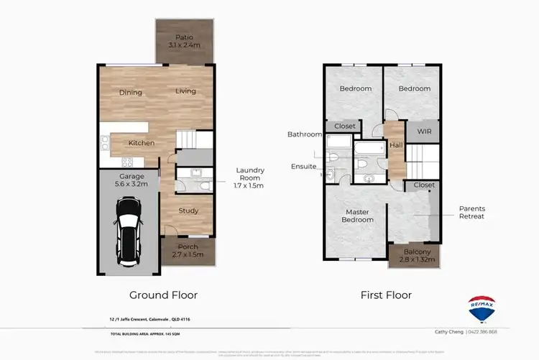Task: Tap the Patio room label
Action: click(x=184, y=37)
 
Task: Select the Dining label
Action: click(x=131, y=92)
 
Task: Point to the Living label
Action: click(x=186, y=91)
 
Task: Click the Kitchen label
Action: click(x=142, y=143)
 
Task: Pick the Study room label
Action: click(x=188, y=211)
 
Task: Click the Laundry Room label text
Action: click(x=250, y=174)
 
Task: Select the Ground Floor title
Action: click(x=163, y=295)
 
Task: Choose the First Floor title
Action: click(x=386, y=295)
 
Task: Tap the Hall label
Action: click(x=396, y=146)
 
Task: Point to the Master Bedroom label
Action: click(x=358, y=216)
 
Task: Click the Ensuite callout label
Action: click(x=303, y=166)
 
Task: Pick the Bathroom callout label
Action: click(x=305, y=134)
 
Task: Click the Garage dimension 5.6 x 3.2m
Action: click(x=132, y=184)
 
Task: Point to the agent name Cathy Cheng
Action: click(x=449, y=332)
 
